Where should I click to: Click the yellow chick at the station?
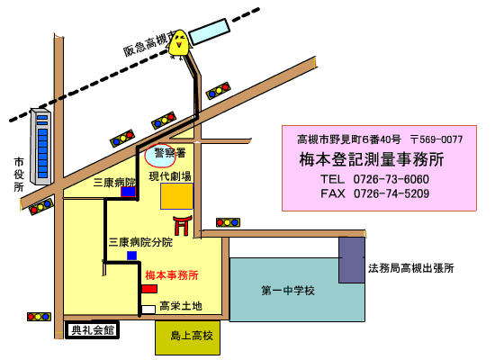point(180,44)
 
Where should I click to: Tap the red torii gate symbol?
point(182,225)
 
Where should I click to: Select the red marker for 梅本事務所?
point(149,289)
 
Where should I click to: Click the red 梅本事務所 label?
point(172,275)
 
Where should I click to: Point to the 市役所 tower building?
point(40,146)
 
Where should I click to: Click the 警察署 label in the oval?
point(170,153)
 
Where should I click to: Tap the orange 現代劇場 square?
point(176,196)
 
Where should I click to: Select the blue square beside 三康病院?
point(128,192)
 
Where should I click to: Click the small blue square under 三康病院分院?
point(131,256)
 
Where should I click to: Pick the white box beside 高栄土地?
point(148,310)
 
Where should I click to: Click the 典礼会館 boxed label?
point(92,330)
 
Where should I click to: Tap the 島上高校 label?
point(192,336)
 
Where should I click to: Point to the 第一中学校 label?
point(288,290)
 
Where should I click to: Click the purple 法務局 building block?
point(352,260)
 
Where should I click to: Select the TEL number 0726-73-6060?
point(391,179)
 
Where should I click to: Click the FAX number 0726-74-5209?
point(391,193)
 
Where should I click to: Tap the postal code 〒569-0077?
point(436,139)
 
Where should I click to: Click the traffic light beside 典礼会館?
point(39,317)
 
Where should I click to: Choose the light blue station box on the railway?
point(210,31)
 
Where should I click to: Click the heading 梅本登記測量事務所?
point(372,159)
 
